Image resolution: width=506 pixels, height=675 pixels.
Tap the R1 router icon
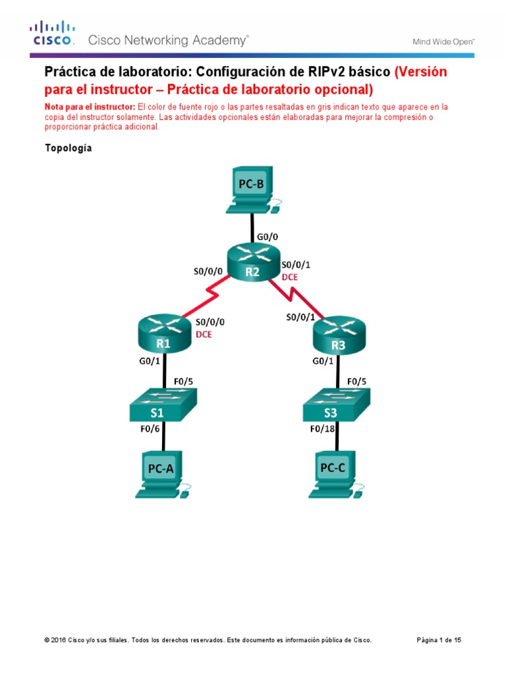pos(164,334)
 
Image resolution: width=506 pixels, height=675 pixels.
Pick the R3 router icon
pos(338,334)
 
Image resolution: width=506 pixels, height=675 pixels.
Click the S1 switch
pos(164,403)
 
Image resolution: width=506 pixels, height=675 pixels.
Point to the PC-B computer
pos(252,191)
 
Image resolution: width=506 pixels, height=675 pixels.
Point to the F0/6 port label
pos(150,429)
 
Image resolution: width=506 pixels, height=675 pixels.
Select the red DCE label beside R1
pos(204,334)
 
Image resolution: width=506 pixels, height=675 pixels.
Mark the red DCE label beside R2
pos(290,278)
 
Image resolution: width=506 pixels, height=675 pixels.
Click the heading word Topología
pos(68,148)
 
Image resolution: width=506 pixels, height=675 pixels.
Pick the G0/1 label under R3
pos(323,361)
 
